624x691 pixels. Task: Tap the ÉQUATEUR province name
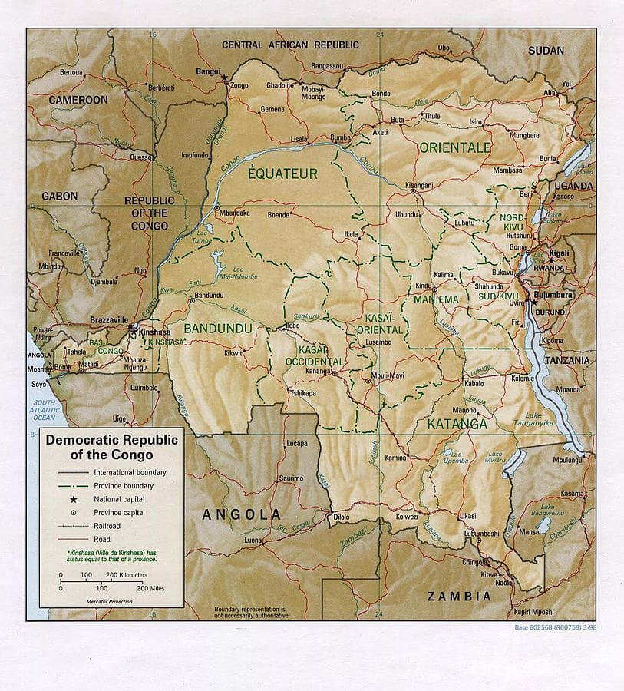pos(282,174)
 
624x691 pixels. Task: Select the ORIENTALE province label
pos(454,147)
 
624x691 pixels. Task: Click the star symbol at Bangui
pos(224,78)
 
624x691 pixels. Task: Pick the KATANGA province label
pos(457,423)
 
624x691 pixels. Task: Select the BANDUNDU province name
pos(217,329)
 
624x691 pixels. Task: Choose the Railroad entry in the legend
pos(107,526)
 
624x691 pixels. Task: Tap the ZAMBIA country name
pos(459,596)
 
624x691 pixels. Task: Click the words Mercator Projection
pos(110,601)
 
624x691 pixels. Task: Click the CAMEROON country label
pos(78,100)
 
